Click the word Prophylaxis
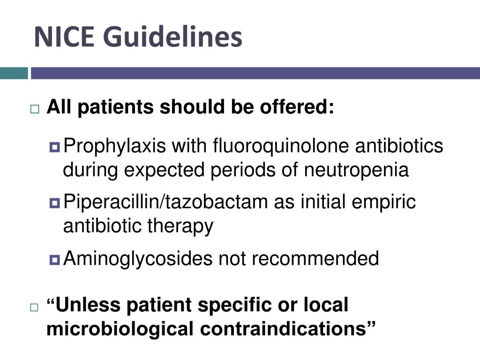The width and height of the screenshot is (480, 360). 114,146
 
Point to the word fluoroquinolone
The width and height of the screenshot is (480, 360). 280,146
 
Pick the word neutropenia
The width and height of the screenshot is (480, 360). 356,170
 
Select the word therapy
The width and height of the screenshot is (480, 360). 180,226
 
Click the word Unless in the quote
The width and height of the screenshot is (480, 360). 88,305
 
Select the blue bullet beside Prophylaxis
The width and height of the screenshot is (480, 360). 54,148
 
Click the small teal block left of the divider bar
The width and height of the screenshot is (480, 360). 14,73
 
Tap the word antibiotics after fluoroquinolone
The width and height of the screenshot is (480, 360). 399,146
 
